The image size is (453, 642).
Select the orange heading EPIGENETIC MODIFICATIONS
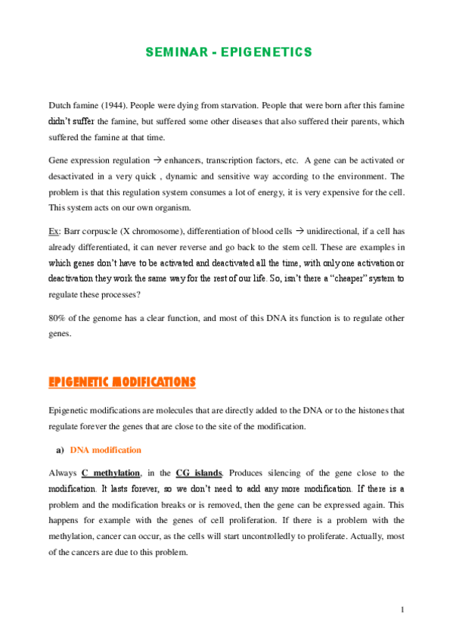pyautogui.click(x=122, y=382)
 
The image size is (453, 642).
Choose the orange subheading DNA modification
pyautogui.click(x=105, y=450)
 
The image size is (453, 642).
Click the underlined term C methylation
pyautogui.click(x=110, y=472)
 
